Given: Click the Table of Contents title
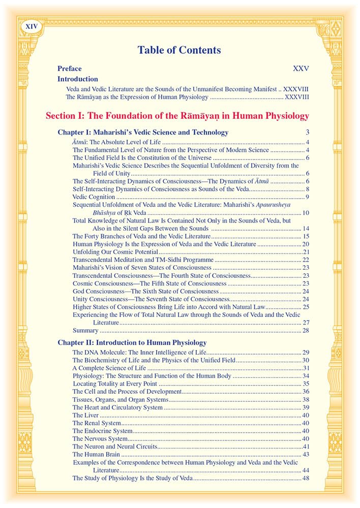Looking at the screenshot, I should [x=179, y=50].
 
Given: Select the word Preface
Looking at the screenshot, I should [x=70, y=69].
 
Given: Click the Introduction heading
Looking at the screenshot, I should [x=78, y=79].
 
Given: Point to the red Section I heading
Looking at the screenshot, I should [x=177, y=116].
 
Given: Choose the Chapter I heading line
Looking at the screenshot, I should [x=143, y=133].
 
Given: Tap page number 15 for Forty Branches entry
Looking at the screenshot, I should [x=306, y=236].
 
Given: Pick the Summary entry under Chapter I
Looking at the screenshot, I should [x=84, y=330].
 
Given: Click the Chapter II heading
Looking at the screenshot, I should [x=132, y=343].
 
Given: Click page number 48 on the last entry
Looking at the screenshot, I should [x=306, y=478].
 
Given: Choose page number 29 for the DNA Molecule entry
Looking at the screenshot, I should [x=306, y=352].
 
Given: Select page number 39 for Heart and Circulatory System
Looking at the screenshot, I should [x=306, y=407].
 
